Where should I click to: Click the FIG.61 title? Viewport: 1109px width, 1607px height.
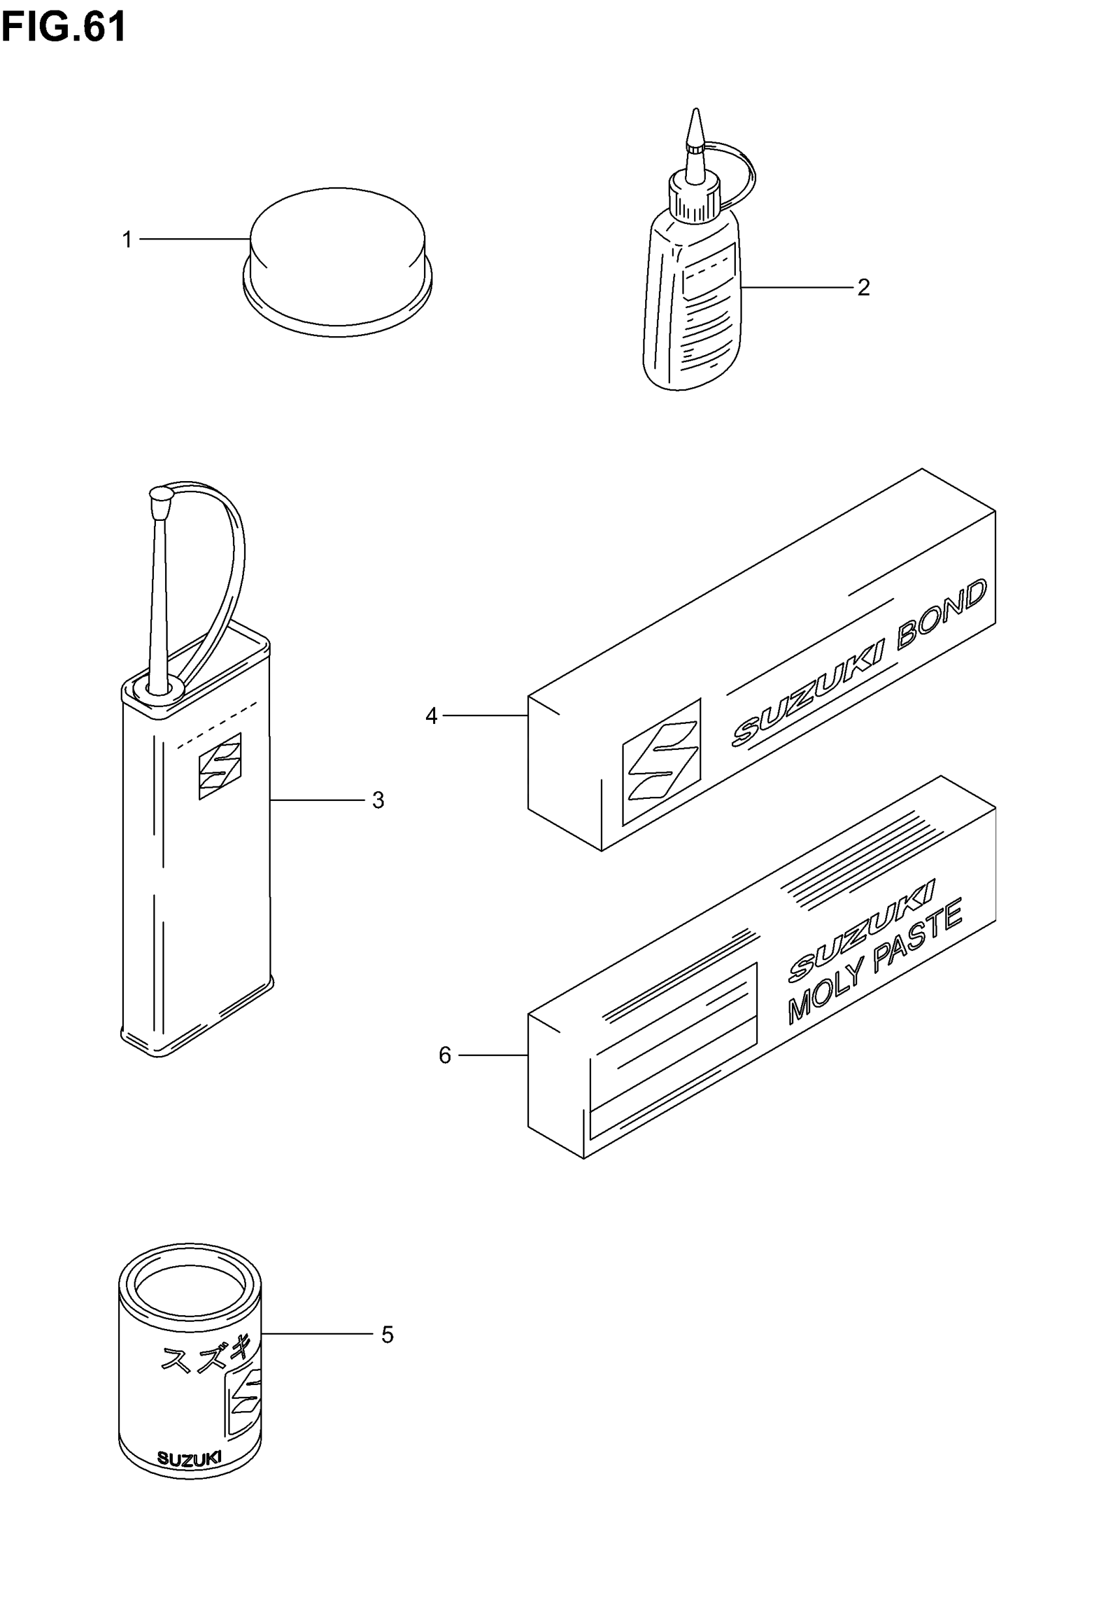(x=63, y=28)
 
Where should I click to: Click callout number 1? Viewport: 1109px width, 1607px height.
(x=127, y=240)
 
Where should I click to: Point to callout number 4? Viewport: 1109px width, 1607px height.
(x=431, y=715)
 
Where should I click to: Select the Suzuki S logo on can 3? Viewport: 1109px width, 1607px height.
(x=220, y=766)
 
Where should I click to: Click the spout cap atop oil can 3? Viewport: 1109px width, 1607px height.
(x=160, y=496)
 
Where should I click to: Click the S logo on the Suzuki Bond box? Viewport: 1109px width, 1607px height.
(x=661, y=761)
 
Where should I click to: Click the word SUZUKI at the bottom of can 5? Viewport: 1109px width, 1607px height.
(x=189, y=1459)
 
